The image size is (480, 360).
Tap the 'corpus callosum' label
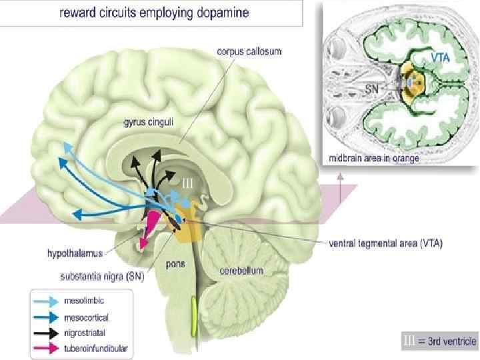coord(250,51)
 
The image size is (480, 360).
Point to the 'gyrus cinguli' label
coord(148,122)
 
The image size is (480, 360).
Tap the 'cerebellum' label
coord(241,271)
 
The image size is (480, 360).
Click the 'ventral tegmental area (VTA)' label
coord(386,243)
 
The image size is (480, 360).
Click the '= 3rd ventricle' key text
coord(447,341)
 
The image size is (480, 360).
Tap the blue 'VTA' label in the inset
coord(440,59)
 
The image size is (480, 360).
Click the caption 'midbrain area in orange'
coord(373,158)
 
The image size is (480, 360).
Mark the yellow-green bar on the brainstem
coord(194,315)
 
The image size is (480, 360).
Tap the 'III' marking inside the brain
coord(187,182)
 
